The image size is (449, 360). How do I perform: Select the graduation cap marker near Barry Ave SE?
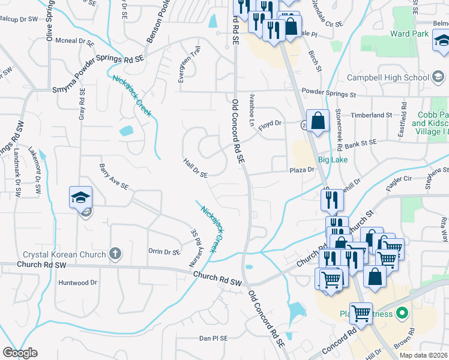click(80, 197)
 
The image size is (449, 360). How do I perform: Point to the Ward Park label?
click(409, 34)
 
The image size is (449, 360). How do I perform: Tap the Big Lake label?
click(333, 160)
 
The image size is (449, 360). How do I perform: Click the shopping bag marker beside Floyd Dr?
click(318, 120)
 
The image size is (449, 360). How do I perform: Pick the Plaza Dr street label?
click(303, 170)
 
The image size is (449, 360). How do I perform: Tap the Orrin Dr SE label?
click(164, 252)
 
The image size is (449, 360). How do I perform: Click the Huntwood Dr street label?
click(77, 283)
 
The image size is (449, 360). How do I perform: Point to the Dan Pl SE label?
click(214, 338)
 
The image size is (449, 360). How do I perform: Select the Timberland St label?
click(372, 115)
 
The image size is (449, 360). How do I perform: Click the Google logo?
click(20, 353)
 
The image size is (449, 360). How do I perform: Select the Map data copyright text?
click(423, 355)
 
